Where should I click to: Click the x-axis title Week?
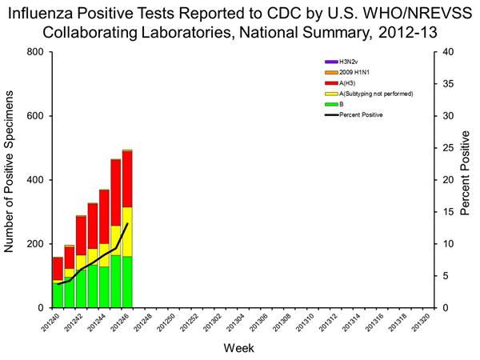click(x=239, y=349)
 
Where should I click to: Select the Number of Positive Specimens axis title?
click(x=12, y=180)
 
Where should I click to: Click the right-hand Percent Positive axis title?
click(x=467, y=180)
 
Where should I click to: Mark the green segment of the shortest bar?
click(x=58, y=294)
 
